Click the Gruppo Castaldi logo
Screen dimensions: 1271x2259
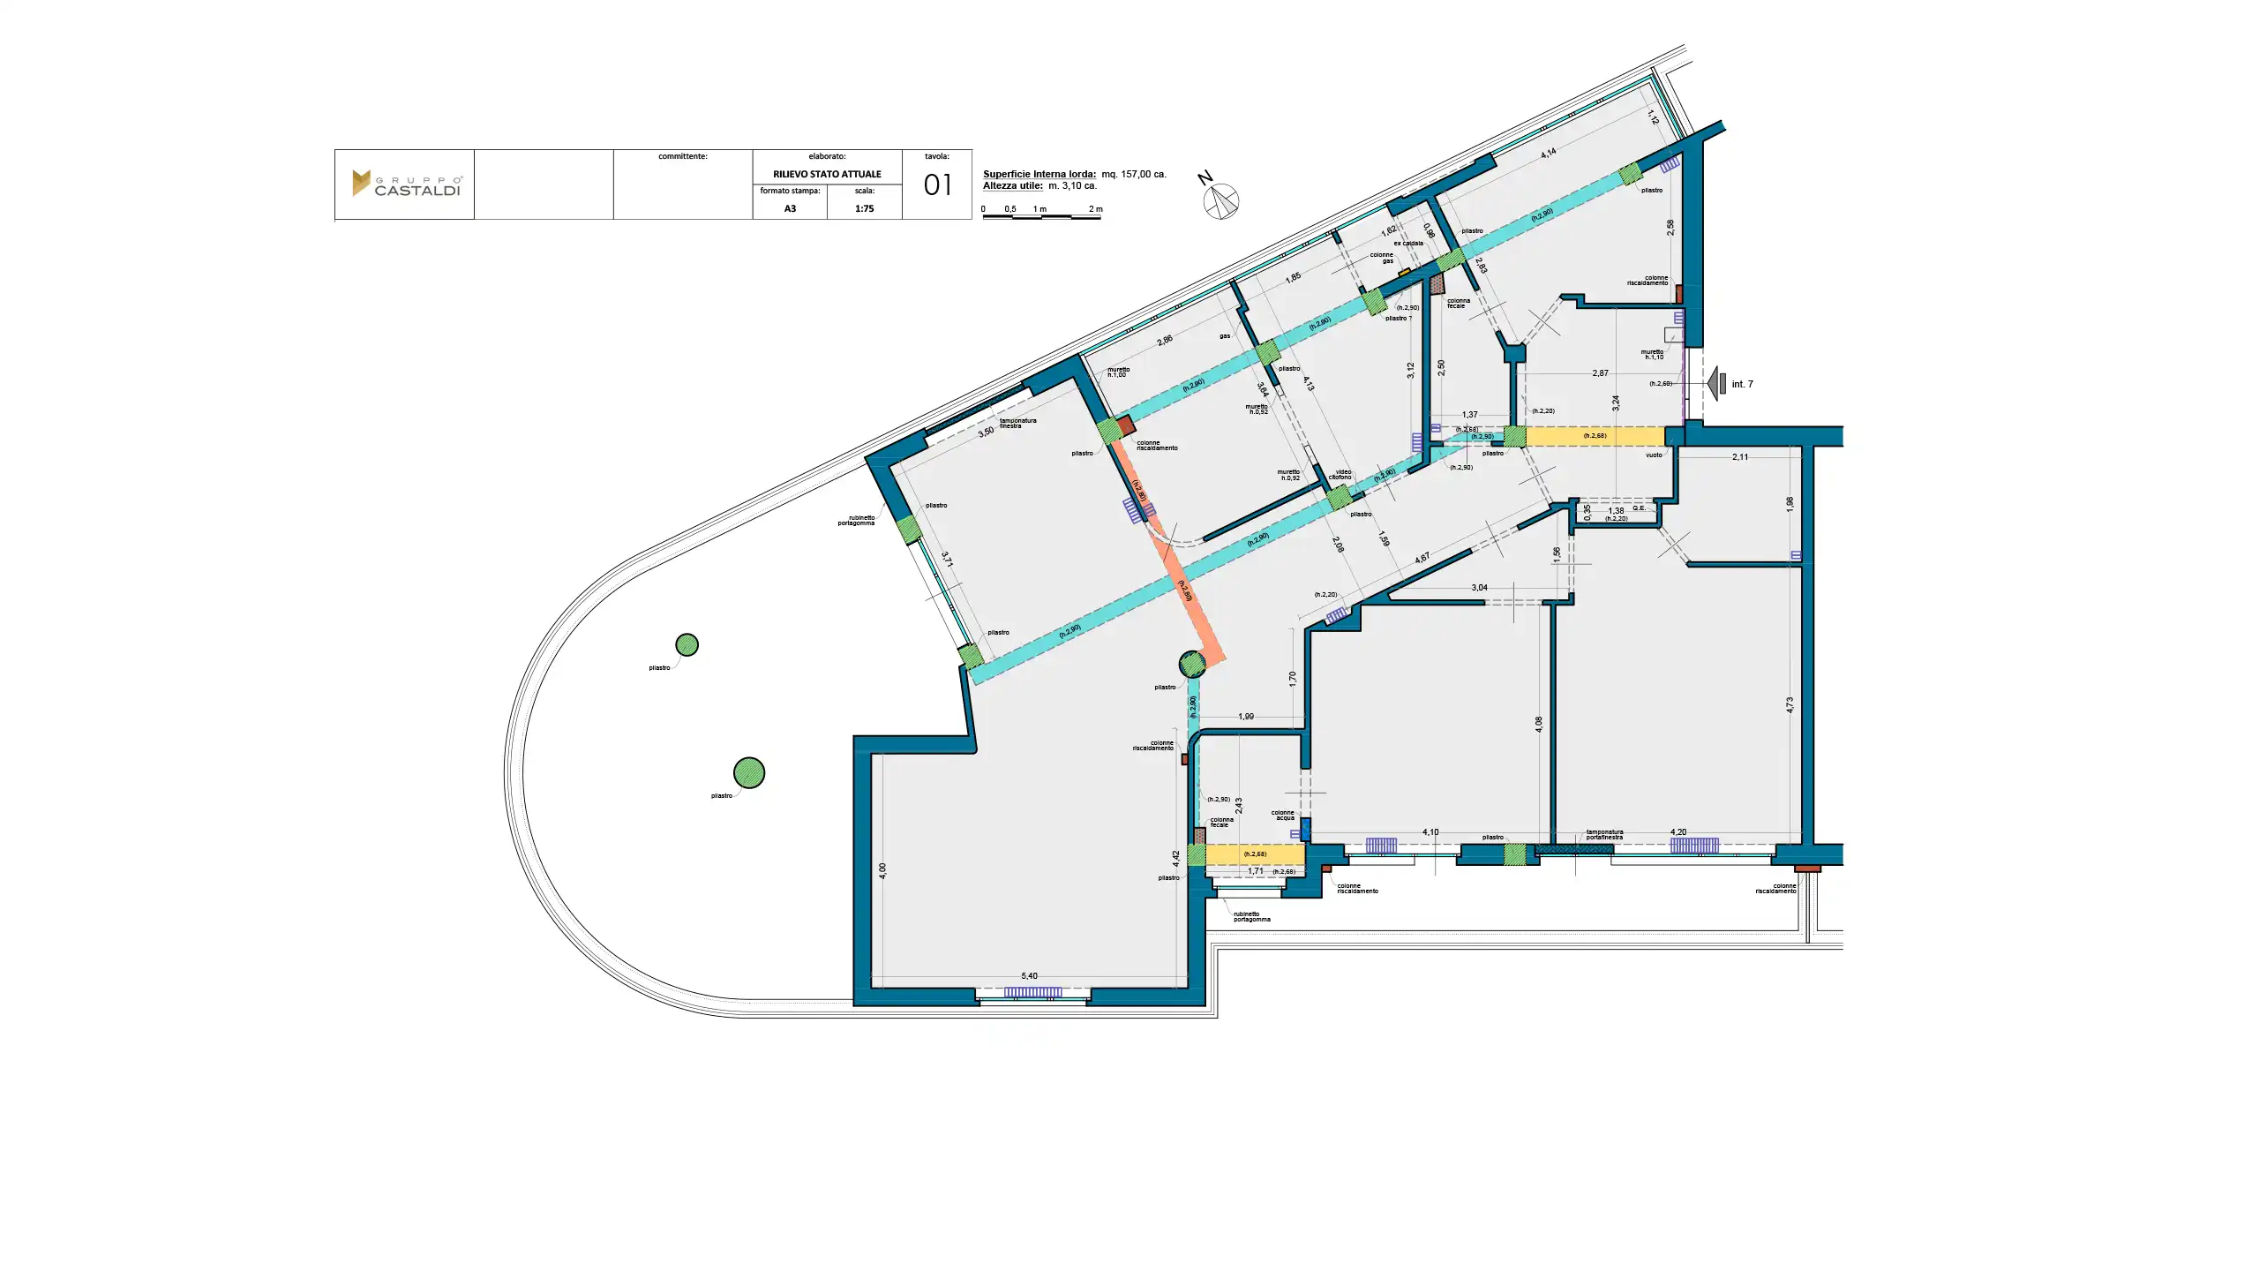406,184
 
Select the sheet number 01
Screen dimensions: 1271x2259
937,185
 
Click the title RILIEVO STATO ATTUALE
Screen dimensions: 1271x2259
827,174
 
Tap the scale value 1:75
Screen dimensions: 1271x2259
864,209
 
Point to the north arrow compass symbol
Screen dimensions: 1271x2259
1220,200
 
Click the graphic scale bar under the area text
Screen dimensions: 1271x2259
1041,215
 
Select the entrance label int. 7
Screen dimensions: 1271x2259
1742,385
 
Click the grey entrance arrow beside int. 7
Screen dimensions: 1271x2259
1716,384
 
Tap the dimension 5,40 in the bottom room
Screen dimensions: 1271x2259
1029,976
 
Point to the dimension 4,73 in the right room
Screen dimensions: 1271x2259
1790,705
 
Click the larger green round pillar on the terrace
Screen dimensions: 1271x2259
749,773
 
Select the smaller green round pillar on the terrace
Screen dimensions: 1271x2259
687,645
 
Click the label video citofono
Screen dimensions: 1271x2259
1341,475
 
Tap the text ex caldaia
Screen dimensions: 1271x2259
1408,244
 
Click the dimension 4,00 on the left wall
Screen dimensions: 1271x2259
882,871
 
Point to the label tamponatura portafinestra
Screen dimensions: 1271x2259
1604,835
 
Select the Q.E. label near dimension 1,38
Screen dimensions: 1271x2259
1639,508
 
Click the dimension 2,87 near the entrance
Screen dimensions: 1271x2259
1600,373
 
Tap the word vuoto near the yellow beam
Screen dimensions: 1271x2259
1654,455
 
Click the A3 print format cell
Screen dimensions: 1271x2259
790,209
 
